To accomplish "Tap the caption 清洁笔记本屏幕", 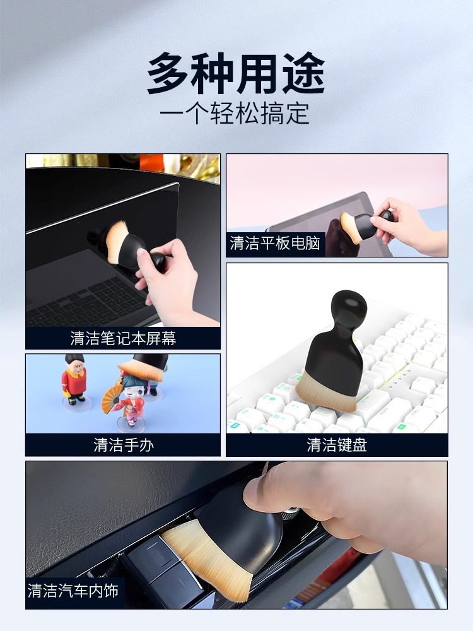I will pyautogui.click(x=123, y=338).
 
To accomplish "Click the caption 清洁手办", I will pyautogui.click(x=123, y=445).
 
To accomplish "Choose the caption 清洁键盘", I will pyautogui.click(x=337, y=445).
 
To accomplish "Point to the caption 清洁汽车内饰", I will pyautogui.click(x=73, y=591).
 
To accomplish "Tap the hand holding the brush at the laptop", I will pyautogui.click(x=167, y=278).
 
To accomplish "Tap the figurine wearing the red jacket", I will pyautogui.click(x=74, y=379).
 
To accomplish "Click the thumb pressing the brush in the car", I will pyautogui.click(x=277, y=492).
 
